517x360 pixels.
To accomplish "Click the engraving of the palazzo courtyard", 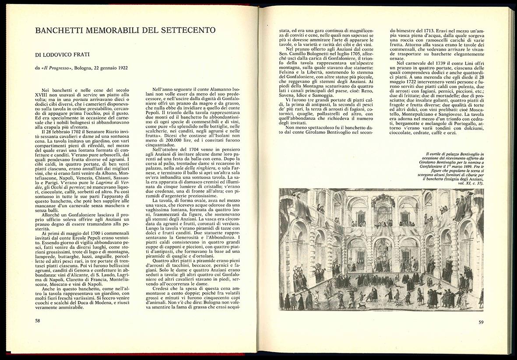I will [x=381, y=250].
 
